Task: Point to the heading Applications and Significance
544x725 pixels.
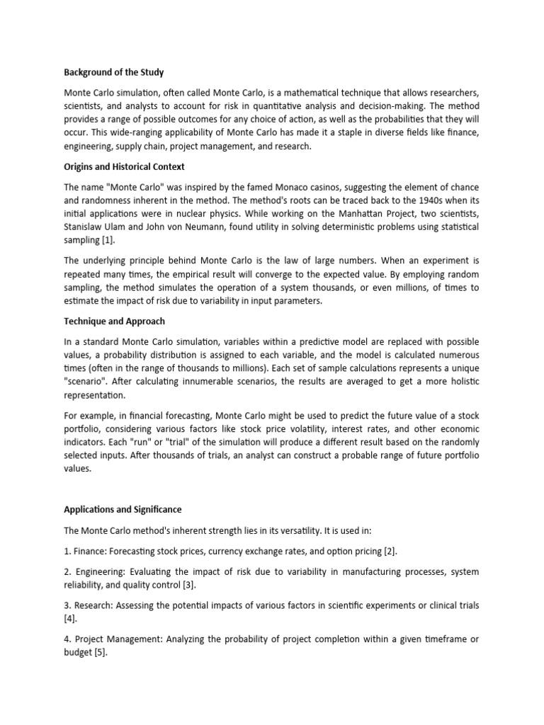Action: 123,509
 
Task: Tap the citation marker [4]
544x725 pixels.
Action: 70,618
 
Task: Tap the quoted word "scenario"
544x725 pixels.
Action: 88,382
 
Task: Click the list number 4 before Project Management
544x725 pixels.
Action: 67,639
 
